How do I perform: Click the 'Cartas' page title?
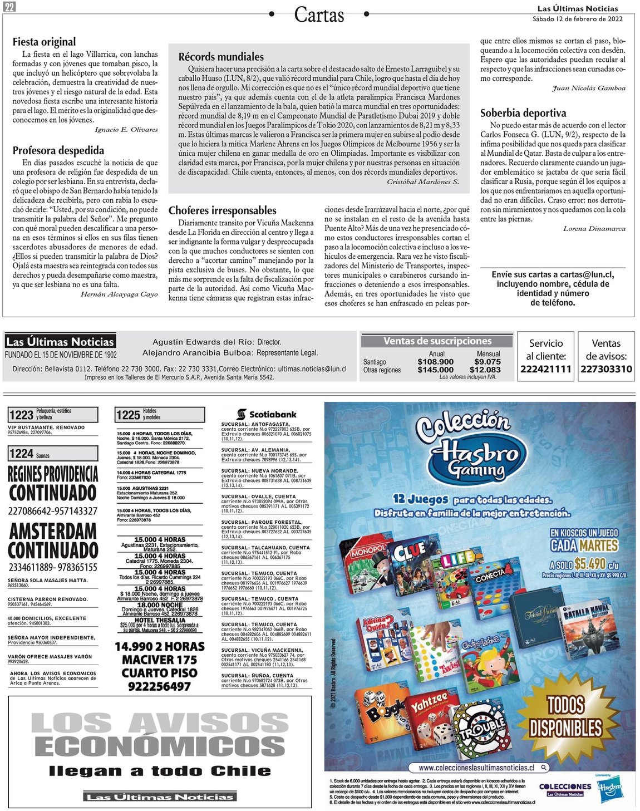pyautogui.click(x=319, y=14)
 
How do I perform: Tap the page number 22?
pyautogui.click(x=9, y=6)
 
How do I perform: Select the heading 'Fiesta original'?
pyautogui.click(x=44, y=42)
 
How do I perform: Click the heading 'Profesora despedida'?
pyautogui.click(x=58, y=150)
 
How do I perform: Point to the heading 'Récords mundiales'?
pyautogui.click(x=221, y=57)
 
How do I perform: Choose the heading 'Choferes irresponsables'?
pyautogui.click(x=222, y=210)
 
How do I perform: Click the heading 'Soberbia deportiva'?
pyautogui.click(x=523, y=113)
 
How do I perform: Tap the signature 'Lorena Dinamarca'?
pyautogui.click(x=594, y=229)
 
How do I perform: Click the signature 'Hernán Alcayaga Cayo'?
pyautogui.click(x=119, y=294)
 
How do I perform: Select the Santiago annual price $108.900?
pyautogui.click(x=435, y=362)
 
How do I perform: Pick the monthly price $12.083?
pyautogui.click(x=485, y=370)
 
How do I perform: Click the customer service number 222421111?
pyautogui.click(x=545, y=369)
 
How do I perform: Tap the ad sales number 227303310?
pyautogui.click(x=606, y=369)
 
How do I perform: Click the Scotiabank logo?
pyautogui.click(x=267, y=414)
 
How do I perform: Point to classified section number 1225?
pyautogui.click(x=128, y=415)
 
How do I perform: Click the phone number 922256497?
pyautogui.click(x=159, y=687)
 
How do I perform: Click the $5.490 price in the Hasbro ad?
pyautogui.click(x=589, y=563)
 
